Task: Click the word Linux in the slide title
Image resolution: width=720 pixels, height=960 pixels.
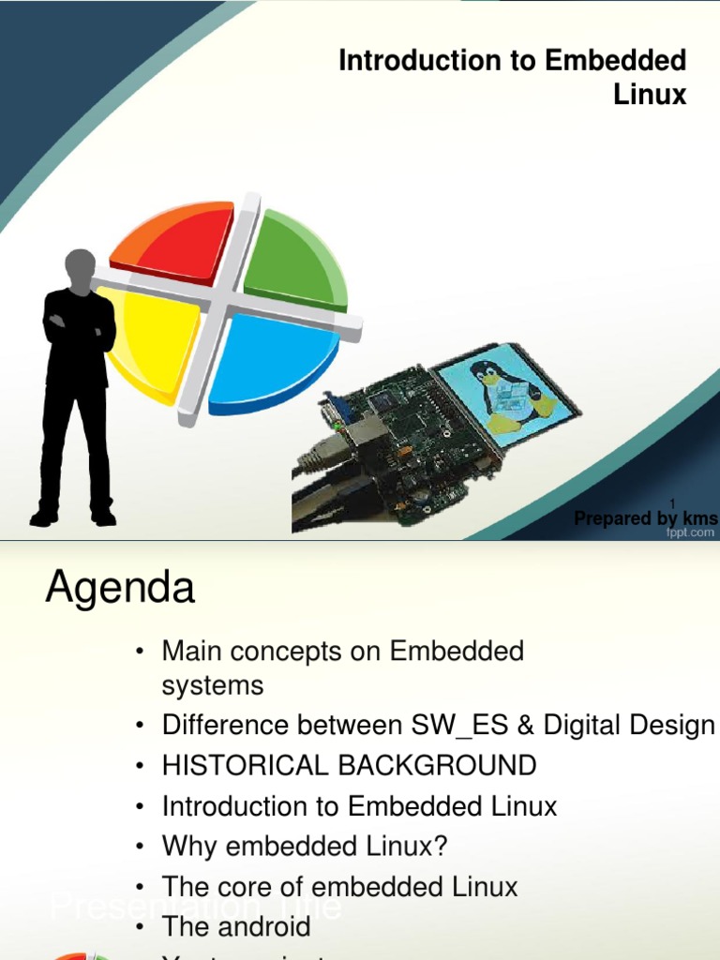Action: pyautogui.click(x=650, y=95)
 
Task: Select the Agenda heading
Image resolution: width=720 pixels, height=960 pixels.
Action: pyautogui.click(x=120, y=589)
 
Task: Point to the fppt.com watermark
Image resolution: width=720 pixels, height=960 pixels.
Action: pyautogui.click(x=690, y=532)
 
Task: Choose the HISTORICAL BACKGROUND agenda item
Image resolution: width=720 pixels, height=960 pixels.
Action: pyautogui.click(x=349, y=766)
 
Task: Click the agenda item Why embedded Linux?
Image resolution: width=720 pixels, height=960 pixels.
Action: pyautogui.click(x=305, y=847)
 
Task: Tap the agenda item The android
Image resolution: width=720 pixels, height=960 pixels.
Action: pyautogui.click(x=235, y=927)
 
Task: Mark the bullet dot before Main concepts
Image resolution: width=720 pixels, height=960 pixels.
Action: pyautogui.click(x=139, y=652)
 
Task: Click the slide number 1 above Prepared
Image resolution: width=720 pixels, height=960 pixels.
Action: pyautogui.click(x=672, y=504)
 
